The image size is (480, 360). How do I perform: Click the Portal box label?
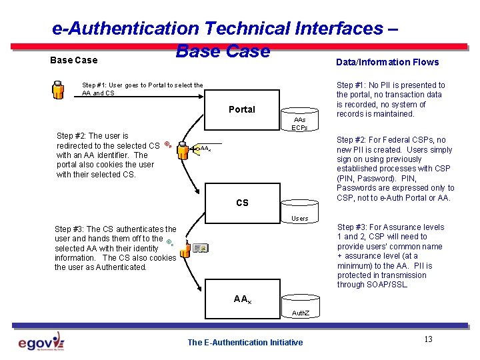(241, 109)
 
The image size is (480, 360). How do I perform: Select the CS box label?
(242, 203)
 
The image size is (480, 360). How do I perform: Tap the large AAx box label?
(243, 299)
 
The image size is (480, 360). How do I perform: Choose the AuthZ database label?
(300, 312)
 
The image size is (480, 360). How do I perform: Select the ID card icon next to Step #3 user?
(201, 248)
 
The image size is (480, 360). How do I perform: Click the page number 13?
(428, 339)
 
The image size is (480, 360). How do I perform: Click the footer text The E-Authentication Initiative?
(245, 343)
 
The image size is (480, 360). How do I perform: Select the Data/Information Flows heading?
(387, 62)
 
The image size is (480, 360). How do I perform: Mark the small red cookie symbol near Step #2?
(168, 145)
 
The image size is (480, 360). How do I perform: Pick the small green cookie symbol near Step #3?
(170, 243)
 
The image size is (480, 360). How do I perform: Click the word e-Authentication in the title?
(126, 29)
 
